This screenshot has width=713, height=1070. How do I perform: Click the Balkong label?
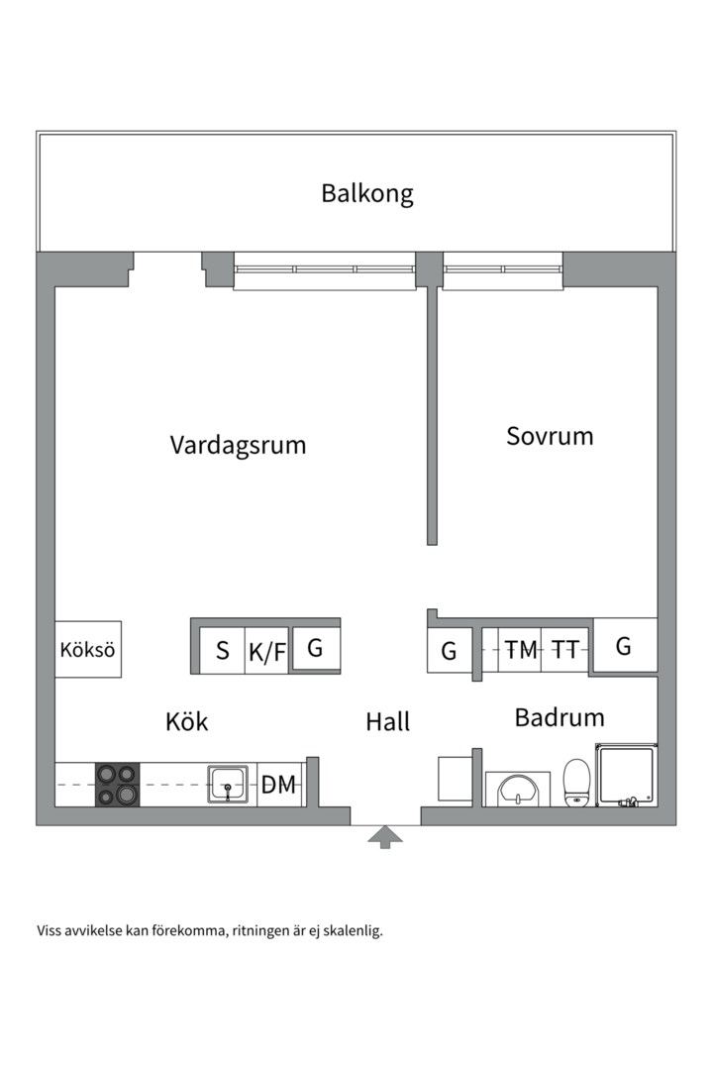(366, 193)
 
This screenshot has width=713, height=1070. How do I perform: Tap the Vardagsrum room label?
(238, 445)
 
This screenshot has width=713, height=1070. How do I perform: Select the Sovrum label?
(550, 436)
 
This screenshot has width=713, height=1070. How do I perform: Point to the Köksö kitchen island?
(88, 650)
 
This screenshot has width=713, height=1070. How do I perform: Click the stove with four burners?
(117, 784)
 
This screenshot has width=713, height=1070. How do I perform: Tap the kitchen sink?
(228, 784)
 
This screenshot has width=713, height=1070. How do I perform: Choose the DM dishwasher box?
(279, 785)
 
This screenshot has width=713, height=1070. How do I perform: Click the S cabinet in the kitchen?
(223, 651)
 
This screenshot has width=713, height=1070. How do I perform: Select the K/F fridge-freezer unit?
(266, 652)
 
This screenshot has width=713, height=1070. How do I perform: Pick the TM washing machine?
(521, 650)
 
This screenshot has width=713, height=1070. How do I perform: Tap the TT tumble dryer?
(565, 650)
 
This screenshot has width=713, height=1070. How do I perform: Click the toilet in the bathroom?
(577, 782)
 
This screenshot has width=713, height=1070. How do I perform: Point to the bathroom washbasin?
(518, 790)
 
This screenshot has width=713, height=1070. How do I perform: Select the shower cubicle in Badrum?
(625, 776)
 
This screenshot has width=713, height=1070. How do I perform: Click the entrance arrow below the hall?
(385, 838)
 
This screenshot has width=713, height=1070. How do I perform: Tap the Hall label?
(387, 722)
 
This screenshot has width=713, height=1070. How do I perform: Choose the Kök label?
(187, 722)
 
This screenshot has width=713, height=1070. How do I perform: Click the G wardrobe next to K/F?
(316, 649)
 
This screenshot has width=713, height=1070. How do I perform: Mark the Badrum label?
(560, 717)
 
